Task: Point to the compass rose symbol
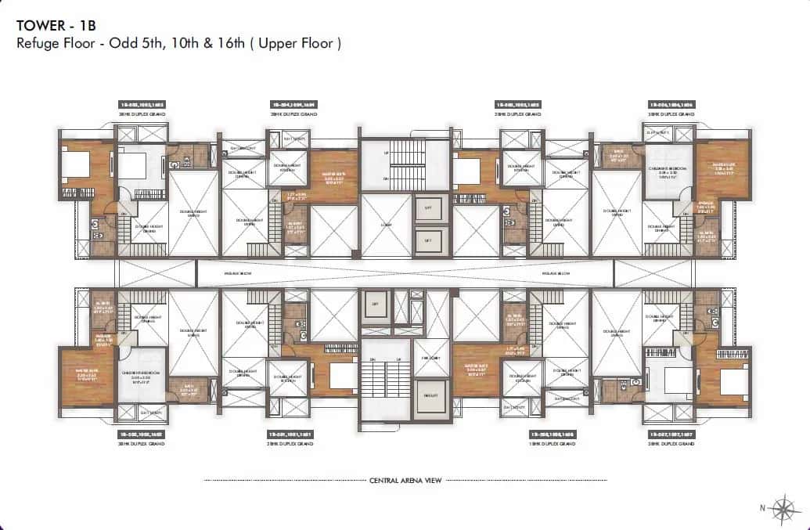pos(783,507)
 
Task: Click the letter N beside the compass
pos(762,508)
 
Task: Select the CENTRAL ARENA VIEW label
pos(405,480)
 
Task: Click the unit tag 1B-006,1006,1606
pos(671,104)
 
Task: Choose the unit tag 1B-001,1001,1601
pos(293,434)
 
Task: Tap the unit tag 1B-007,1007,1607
pos(671,434)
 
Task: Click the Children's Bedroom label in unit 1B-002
pos(141,373)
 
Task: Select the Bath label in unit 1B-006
pos(617,154)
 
